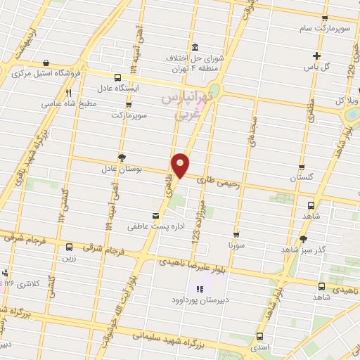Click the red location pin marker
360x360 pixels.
coord(181,165)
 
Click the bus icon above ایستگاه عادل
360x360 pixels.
coord(116,77)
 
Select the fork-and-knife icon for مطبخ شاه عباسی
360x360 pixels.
coord(68,93)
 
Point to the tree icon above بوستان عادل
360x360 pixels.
coord(122,157)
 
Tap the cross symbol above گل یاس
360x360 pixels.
coord(317,56)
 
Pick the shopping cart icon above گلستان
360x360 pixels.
coord(302,168)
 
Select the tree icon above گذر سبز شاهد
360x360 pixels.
coord(303,239)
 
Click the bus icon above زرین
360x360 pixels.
coord(69,247)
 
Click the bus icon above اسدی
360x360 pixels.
coord(260,336)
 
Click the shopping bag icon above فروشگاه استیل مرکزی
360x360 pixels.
coord(46,63)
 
